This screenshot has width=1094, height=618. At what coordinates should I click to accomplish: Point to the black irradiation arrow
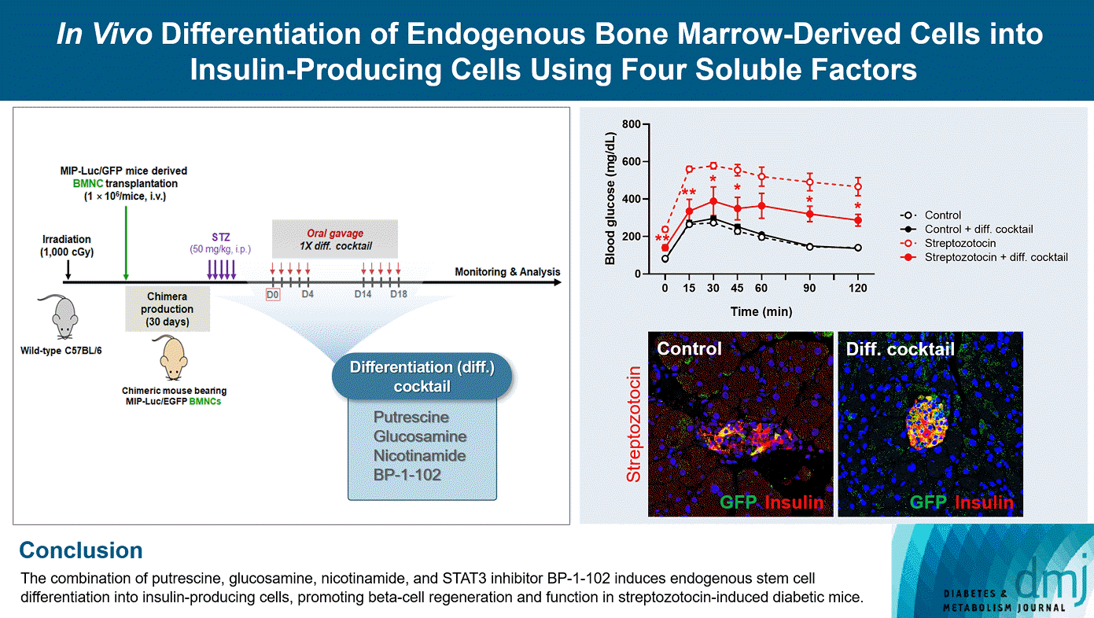pos(68,269)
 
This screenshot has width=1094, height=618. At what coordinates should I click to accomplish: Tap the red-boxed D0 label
pos(272,295)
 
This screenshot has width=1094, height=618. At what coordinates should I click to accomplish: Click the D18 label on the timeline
pos(399,295)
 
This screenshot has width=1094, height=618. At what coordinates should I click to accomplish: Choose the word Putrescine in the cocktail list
pos(411,417)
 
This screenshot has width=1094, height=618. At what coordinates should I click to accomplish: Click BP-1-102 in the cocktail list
pos(407,475)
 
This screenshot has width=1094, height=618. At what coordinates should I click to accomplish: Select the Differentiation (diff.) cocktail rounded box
pos(422,377)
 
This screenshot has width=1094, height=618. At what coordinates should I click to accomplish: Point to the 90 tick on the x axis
pos(809,289)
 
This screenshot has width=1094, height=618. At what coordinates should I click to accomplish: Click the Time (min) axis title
pos(761,311)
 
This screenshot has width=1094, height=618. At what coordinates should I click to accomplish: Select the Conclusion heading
pos(80,550)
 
